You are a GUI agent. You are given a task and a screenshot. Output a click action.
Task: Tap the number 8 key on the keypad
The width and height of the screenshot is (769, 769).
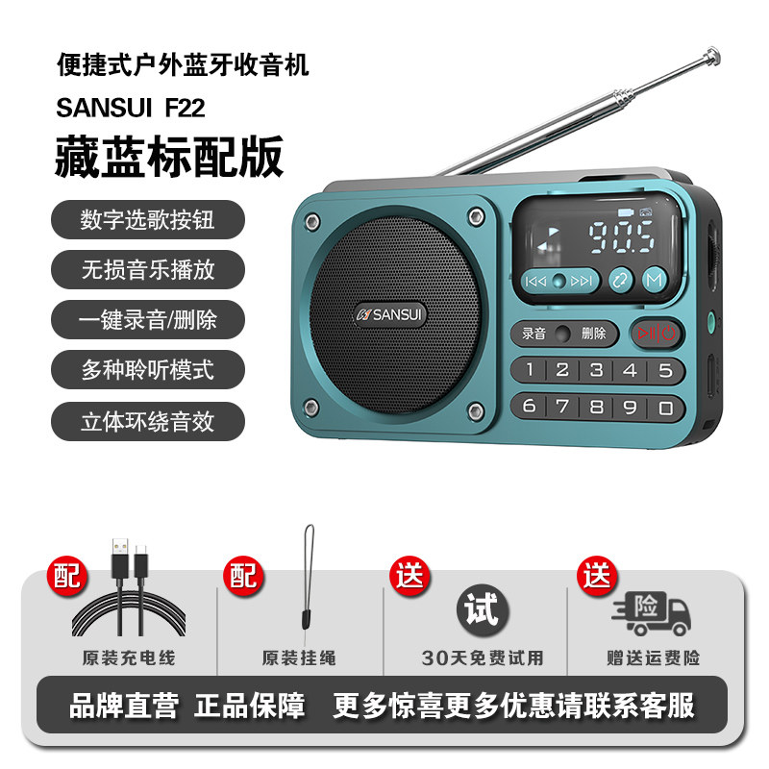pos(597,407)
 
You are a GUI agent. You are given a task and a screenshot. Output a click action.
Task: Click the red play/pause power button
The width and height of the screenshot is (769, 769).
pos(657,333)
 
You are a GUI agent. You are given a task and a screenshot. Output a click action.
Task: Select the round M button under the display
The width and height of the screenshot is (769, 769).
pos(655,281)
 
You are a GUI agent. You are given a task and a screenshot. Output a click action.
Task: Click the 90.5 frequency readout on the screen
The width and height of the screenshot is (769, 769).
pos(621,236)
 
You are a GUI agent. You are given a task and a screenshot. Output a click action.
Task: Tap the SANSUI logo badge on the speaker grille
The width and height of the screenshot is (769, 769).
pos(390,314)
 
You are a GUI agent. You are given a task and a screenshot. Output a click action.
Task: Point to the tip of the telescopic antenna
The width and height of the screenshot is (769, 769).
pos(713,55)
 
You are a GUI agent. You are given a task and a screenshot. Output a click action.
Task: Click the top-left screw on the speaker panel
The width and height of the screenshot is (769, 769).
pos(310,222)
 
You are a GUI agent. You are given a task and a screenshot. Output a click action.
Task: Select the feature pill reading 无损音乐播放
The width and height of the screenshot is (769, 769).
pos(148,269)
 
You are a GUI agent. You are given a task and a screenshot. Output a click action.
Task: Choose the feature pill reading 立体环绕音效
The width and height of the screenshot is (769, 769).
pos(148,421)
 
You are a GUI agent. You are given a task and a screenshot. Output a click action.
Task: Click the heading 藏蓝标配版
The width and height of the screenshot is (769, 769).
pos(170,157)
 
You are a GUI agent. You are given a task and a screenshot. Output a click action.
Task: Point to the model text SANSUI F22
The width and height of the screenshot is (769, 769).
pos(131,108)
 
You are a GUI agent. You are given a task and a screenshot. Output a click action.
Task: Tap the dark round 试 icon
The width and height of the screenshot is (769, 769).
pos(483,610)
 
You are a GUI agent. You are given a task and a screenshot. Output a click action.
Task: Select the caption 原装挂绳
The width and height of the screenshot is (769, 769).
pos(299,658)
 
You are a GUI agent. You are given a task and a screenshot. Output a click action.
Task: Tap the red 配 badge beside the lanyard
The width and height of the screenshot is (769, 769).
pos(244,576)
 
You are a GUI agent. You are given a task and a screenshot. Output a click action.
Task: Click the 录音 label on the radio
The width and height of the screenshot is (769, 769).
pos(533,334)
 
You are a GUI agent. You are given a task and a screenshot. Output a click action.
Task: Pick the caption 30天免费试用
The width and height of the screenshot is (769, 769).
pos(483,658)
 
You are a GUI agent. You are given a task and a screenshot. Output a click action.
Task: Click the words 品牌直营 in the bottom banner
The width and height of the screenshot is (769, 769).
pos(124,706)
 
